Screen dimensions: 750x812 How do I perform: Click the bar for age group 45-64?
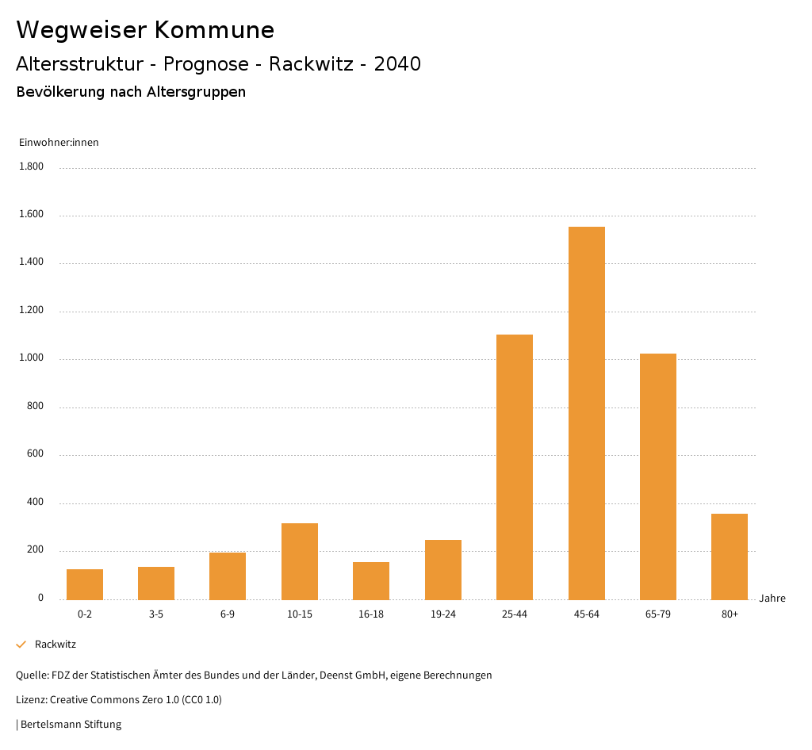click(x=586, y=413)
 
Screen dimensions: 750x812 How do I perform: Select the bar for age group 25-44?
click(x=515, y=467)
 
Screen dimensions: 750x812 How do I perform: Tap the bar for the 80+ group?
click(x=730, y=557)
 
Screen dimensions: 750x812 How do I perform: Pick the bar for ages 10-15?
click(x=300, y=561)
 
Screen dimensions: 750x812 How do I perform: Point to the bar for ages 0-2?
click(x=85, y=584)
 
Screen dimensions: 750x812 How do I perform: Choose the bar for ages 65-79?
click(x=658, y=476)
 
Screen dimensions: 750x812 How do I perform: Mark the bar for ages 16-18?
click(x=371, y=580)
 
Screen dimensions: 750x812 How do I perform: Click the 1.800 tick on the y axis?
click(x=32, y=166)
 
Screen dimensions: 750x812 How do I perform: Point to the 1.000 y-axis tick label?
click(x=32, y=358)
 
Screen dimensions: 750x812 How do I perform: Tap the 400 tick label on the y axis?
click(x=35, y=503)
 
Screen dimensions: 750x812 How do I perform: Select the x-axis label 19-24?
click(x=442, y=614)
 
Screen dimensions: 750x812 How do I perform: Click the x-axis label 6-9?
click(x=228, y=614)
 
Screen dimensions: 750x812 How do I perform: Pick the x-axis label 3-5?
click(x=156, y=614)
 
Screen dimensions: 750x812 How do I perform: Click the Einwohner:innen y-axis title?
click(x=59, y=143)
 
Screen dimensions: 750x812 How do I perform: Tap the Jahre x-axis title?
click(x=772, y=599)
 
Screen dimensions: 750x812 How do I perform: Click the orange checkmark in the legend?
click(x=21, y=645)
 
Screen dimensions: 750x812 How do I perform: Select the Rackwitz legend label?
click(x=56, y=645)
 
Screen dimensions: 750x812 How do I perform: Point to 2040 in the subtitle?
click(x=397, y=64)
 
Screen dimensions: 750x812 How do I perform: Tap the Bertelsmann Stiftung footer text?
click(x=71, y=725)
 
